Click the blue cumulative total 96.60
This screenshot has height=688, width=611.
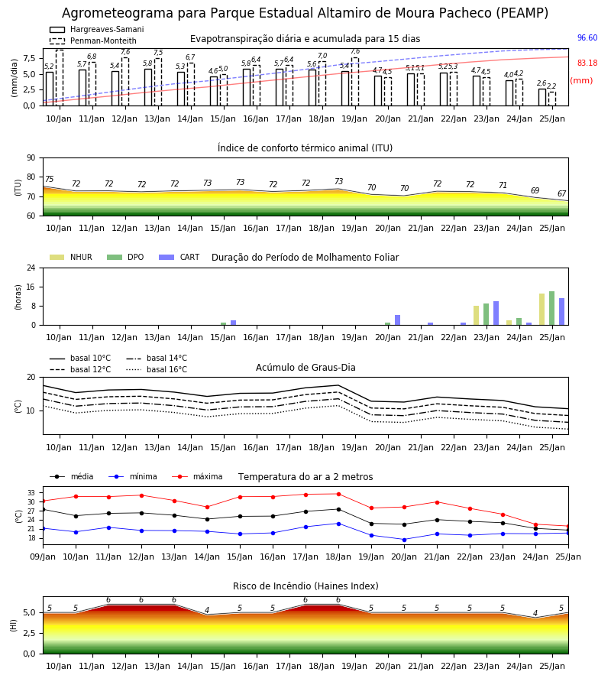point(587,37)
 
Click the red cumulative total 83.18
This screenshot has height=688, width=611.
point(587,63)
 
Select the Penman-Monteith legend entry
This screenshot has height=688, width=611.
point(93,41)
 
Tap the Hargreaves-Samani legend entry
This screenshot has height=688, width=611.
point(97,29)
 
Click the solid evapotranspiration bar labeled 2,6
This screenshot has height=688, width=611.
point(542,97)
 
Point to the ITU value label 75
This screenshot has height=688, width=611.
point(49,179)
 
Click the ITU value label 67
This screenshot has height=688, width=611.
point(561,193)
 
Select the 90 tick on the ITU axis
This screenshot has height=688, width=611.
point(31,158)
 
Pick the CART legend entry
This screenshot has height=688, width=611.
point(179,257)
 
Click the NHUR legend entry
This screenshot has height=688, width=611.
point(71,257)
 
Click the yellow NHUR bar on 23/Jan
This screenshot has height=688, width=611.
point(476,316)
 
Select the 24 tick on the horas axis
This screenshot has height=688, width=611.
point(31,268)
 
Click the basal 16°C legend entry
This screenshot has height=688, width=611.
point(157,369)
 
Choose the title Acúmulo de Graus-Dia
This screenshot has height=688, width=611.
point(305,367)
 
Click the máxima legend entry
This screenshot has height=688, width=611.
point(197,476)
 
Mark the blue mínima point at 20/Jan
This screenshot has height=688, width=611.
point(404,540)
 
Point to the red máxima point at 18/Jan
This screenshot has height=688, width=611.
point(338,494)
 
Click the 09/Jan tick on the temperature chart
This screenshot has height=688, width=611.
point(43,557)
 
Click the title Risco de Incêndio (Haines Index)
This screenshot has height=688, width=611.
point(305,586)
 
